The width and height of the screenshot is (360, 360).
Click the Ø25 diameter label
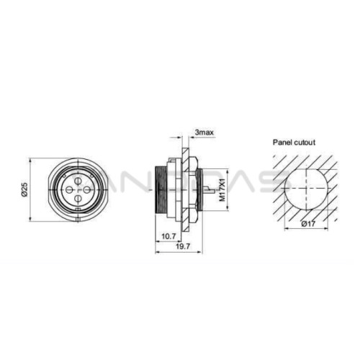24,190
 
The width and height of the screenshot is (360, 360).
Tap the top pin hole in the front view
78,181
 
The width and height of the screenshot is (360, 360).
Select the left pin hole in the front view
69,190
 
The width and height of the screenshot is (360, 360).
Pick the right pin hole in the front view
87,190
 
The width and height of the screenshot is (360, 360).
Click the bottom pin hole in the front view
78,199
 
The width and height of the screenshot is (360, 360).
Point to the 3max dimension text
204,132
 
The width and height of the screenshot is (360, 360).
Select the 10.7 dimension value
168,236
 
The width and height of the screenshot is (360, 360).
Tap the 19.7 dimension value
183,246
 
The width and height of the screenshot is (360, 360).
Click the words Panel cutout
294,143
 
